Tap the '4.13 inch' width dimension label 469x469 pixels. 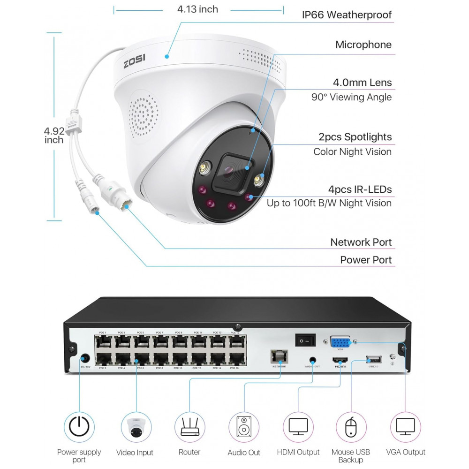point(197,9)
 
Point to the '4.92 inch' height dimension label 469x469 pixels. point(54,135)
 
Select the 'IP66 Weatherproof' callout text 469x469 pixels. point(347,15)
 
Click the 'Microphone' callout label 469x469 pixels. point(363,45)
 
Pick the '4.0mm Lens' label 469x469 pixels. point(362,83)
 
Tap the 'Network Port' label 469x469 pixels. point(361,242)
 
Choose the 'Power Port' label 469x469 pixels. point(365,260)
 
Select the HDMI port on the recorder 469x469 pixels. point(340,361)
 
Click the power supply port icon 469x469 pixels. point(79,426)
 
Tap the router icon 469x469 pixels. point(189,427)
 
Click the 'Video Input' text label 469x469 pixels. point(135,453)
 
